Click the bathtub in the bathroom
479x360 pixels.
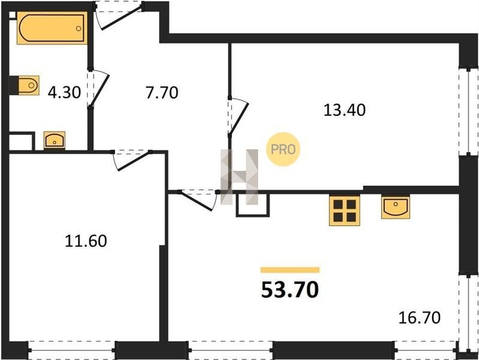pos(52,28)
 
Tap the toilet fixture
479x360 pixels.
pos(29,85)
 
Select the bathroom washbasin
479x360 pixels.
pos(55,140)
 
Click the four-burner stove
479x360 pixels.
pos(345,211)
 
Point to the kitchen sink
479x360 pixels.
pos(396,208)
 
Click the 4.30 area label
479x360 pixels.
pos(64,92)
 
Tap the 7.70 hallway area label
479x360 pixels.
pos(161,92)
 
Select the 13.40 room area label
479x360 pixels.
pos(345,110)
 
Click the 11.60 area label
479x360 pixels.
pos(86,241)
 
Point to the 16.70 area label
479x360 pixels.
pos(420,317)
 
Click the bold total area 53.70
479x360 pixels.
pos(290,290)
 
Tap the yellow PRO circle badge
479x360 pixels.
pos(283,149)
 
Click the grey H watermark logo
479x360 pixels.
pos(239,177)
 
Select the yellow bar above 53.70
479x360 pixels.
pos(290,270)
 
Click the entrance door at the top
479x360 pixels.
pos(119,16)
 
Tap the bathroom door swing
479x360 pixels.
pos(98,89)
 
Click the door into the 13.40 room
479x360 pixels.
pos(238,116)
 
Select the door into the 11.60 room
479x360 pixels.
pos(131,160)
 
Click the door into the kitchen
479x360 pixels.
pos(198,200)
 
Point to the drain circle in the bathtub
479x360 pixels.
pos(79,28)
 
